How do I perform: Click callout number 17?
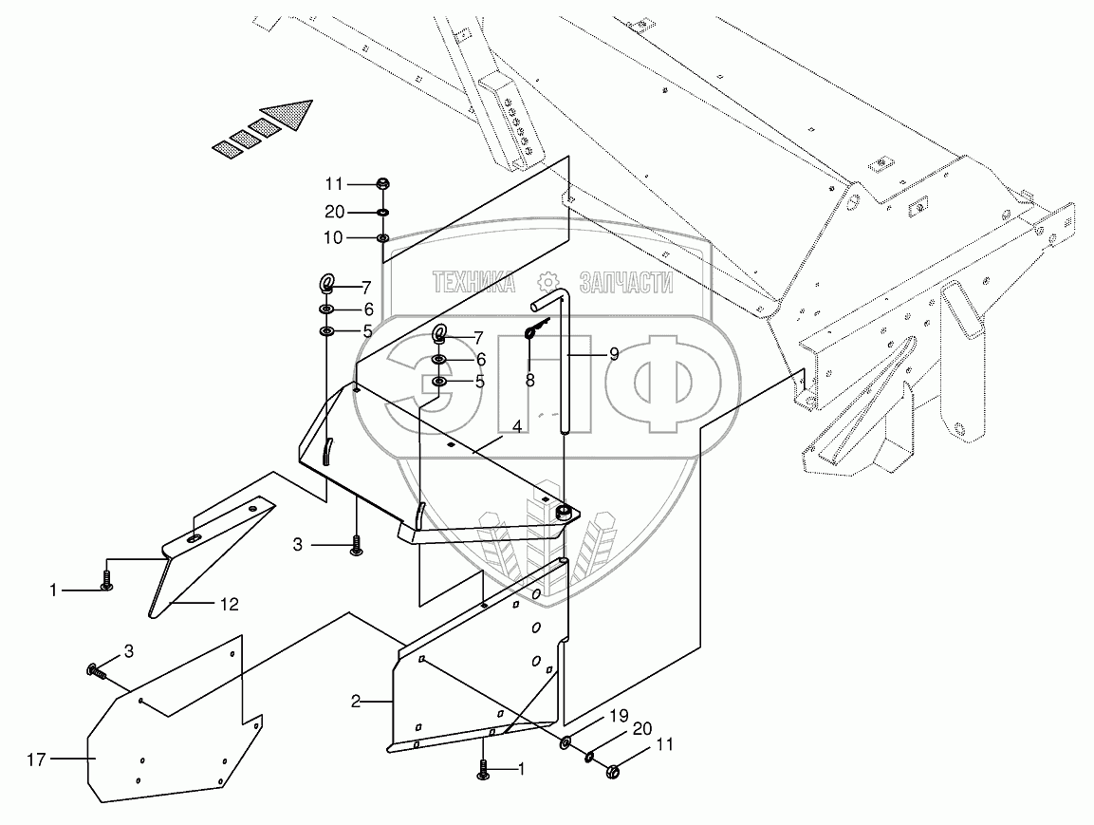click(x=36, y=759)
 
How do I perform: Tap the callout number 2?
click(x=356, y=702)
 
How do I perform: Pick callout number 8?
click(x=529, y=380)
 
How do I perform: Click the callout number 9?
click(x=614, y=354)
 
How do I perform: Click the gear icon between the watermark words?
click(x=547, y=282)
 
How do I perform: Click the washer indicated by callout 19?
click(x=566, y=741)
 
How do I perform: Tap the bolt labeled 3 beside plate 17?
click(x=97, y=672)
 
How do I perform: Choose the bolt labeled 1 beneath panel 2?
click(x=484, y=770)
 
